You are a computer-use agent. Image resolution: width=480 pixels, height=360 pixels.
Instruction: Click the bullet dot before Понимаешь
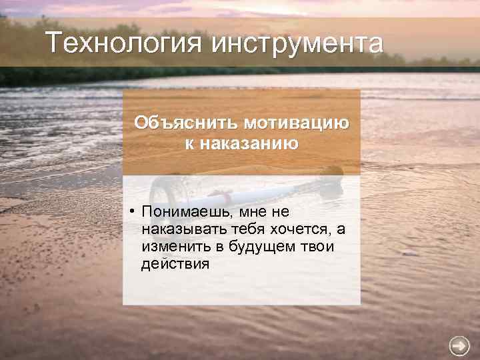click(x=133, y=211)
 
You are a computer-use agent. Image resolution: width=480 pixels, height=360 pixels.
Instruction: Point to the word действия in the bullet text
click(x=175, y=264)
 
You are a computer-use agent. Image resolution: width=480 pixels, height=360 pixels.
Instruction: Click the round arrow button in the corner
click(x=459, y=345)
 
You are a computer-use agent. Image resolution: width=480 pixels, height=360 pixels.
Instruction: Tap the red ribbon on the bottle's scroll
click(x=227, y=197)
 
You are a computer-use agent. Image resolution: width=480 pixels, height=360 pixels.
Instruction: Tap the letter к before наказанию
click(x=185, y=143)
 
